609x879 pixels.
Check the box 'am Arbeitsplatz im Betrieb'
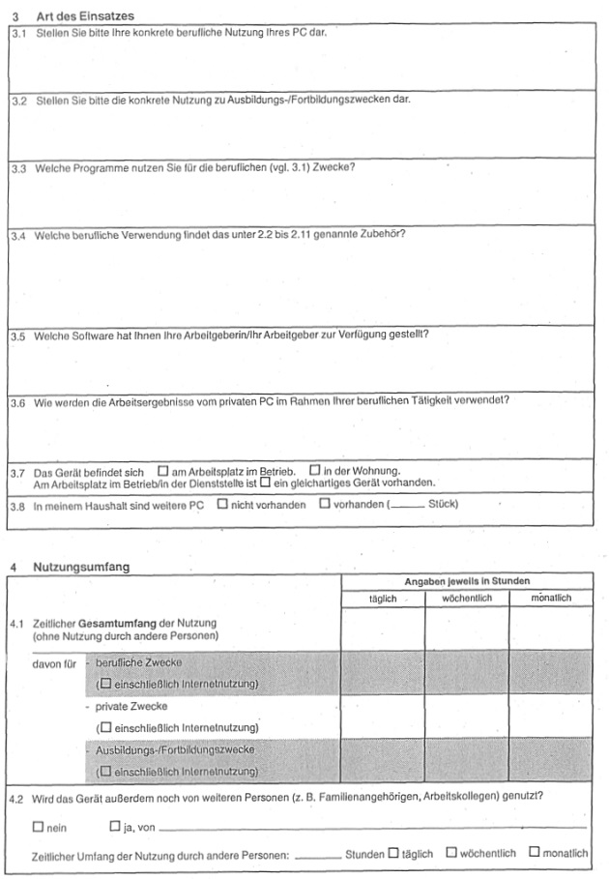[162, 471]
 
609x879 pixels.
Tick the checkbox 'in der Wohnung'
[314, 471]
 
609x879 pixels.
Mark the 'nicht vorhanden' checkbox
[222, 504]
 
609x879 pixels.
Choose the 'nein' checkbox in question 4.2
[38, 828]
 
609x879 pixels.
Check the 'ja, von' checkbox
[116, 828]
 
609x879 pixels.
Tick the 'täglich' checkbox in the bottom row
[392, 853]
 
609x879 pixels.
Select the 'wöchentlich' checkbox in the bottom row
[450, 853]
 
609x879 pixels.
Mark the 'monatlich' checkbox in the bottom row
[534, 853]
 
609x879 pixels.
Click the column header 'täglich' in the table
[383, 599]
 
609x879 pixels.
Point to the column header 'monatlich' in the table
[551, 599]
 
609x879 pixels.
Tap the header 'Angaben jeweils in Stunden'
[467, 580]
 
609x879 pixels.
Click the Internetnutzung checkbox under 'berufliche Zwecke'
[105, 684]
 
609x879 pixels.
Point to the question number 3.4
[17, 235]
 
